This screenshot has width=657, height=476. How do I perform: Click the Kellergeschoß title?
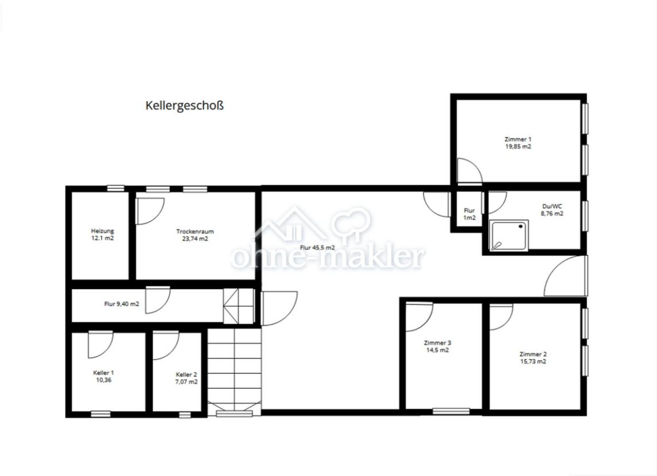(184, 106)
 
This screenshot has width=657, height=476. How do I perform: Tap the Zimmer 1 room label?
(518, 139)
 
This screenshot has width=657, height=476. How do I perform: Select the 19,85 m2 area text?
(518, 146)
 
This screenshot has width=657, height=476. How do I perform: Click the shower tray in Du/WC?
(508, 236)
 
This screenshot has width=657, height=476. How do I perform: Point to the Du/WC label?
(552, 206)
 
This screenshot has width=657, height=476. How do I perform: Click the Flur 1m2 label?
(469, 214)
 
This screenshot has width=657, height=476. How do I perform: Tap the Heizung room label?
(103, 231)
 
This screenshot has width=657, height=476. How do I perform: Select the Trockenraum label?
(195, 231)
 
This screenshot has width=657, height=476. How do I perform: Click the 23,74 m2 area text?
(195, 239)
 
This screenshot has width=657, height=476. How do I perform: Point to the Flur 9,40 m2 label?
(122, 304)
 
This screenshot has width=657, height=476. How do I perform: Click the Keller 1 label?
(103, 373)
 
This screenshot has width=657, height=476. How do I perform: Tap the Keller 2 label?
(186, 374)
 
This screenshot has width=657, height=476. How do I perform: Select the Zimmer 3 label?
(437, 342)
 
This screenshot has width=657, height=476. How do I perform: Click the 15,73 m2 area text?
(533, 361)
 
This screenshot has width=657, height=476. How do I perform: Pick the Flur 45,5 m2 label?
(317, 247)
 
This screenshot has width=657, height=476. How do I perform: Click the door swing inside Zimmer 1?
(469, 171)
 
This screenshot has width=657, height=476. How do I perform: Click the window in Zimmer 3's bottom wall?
(451, 411)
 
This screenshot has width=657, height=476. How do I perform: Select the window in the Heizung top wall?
(115, 188)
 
